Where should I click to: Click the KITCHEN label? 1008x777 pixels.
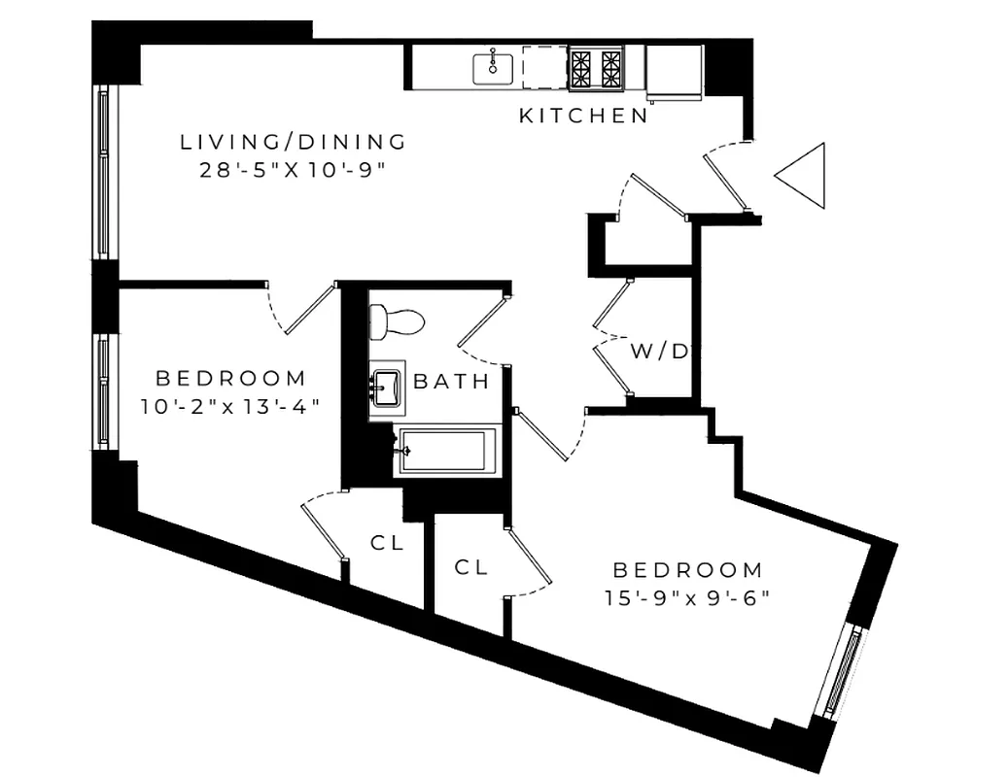[x=583, y=116]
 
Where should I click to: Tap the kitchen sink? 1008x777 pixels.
[x=493, y=67]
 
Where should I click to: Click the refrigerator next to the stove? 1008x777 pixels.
[x=674, y=71]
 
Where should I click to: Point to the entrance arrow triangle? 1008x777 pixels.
[x=803, y=175]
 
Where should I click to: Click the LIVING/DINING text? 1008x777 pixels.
[x=294, y=142]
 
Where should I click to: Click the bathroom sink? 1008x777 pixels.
[x=386, y=388]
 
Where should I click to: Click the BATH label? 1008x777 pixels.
[x=452, y=382]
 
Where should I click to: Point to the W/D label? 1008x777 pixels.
[x=659, y=352]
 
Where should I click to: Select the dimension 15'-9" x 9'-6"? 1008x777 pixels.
[x=686, y=596]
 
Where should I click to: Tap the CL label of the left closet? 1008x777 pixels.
[x=387, y=544]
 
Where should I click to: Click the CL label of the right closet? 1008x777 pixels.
[x=471, y=566]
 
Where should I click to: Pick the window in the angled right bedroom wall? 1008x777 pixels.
[x=841, y=671]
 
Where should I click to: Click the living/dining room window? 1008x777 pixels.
[x=104, y=172]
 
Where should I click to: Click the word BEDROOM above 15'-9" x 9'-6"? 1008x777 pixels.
[x=686, y=570]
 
